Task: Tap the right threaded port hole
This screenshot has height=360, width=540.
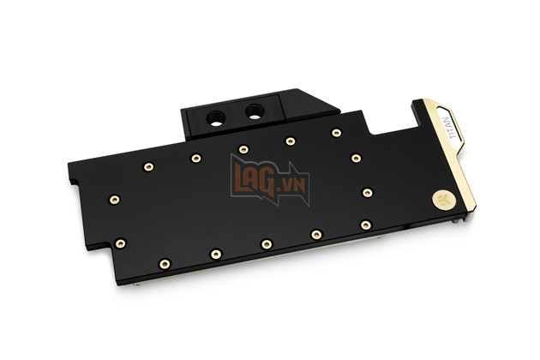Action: pyautogui.click(x=255, y=111)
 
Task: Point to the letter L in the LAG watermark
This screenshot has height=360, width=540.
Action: pyautogui.click(x=241, y=175)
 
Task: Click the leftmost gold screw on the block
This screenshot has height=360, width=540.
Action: pyautogui.click(x=114, y=200)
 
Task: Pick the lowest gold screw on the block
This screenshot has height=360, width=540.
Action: pyautogui.click(x=165, y=263)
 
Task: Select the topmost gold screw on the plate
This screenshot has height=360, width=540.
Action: pyautogui.click(x=336, y=133)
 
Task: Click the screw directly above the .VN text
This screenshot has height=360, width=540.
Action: pyautogui.click(x=291, y=141)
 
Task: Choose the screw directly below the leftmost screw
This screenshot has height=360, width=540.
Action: pyautogui.click(x=120, y=243)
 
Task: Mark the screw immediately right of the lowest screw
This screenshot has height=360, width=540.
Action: pyautogui.click(x=216, y=254)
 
